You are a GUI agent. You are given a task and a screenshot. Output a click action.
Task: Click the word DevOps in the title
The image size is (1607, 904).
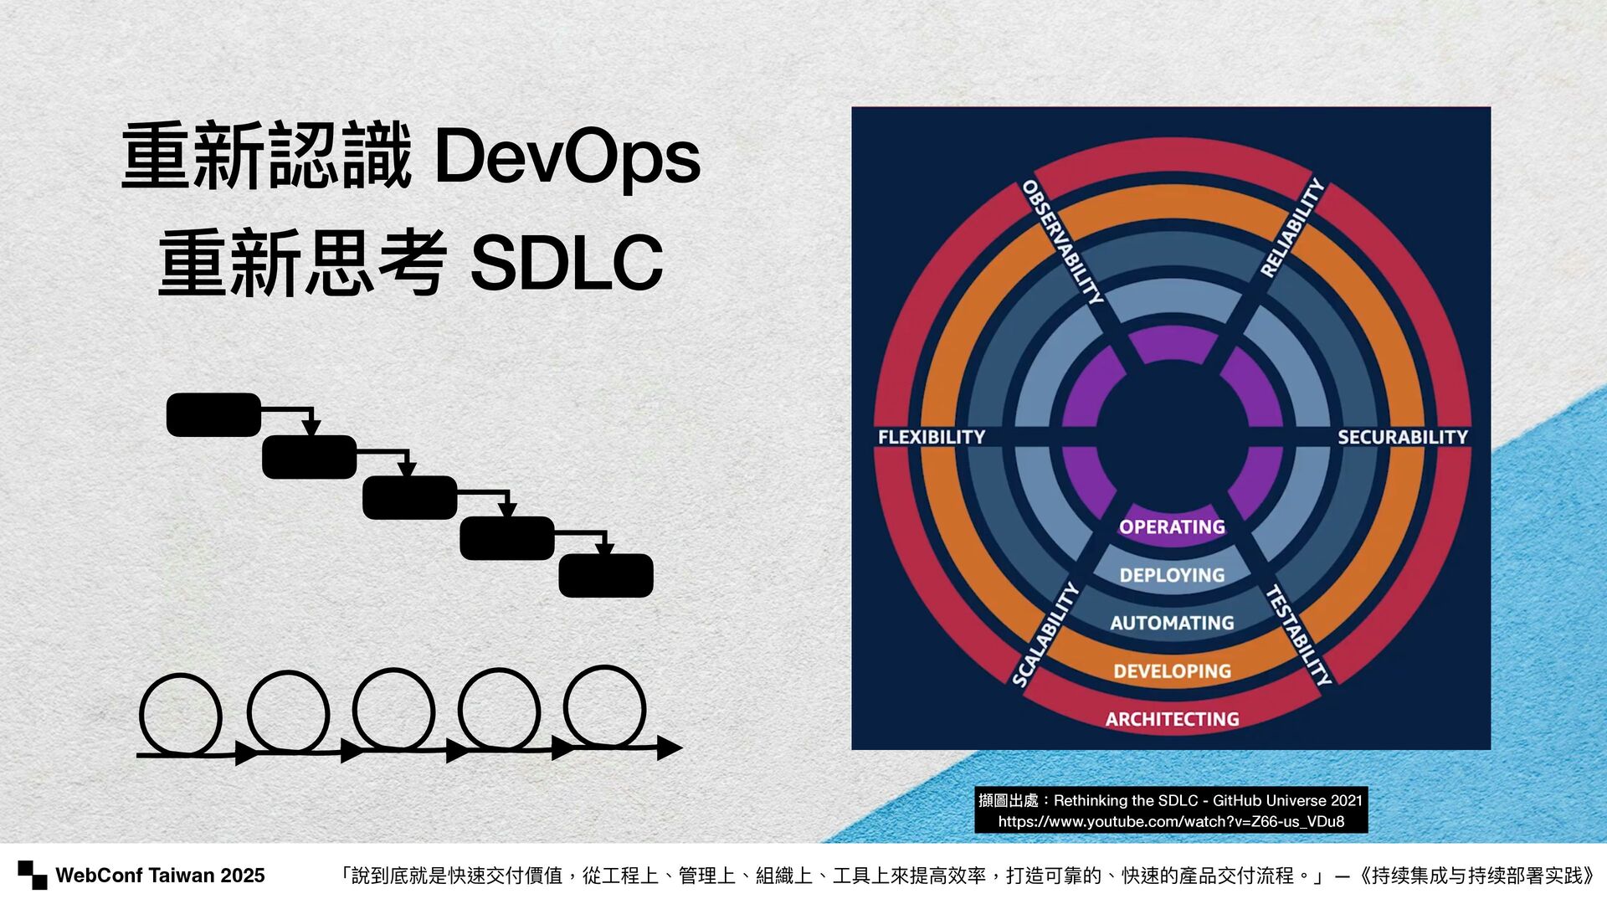(x=567, y=157)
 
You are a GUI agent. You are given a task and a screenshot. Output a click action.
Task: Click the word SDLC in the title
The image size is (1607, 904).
(x=567, y=264)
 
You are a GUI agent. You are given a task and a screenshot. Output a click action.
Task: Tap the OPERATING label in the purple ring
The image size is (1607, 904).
(x=1172, y=527)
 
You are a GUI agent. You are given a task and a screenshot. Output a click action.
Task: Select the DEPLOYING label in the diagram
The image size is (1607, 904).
(x=1172, y=575)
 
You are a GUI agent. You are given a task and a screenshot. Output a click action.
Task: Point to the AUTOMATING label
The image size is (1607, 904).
(x=1172, y=623)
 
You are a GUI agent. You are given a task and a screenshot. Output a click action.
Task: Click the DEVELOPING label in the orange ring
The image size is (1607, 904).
(x=1172, y=671)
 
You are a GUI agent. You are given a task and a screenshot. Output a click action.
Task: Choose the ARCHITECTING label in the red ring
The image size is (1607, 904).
(x=1172, y=719)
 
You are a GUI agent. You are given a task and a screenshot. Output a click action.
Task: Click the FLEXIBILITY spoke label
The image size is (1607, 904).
(x=931, y=437)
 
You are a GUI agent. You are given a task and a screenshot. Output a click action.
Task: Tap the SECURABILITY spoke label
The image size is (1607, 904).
(x=1402, y=437)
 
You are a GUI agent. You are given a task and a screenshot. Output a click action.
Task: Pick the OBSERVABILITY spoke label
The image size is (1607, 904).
(x=1062, y=242)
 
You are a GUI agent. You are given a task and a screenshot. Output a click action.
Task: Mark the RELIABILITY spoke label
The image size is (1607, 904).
(x=1292, y=228)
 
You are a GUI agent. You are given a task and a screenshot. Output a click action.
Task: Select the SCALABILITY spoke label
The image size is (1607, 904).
(x=1045, y=635)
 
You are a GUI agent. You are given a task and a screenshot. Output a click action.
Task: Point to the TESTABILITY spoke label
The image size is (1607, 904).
(x=1298, y=635)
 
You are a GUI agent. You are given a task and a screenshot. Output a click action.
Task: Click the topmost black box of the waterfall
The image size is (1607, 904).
(x=213, y=414)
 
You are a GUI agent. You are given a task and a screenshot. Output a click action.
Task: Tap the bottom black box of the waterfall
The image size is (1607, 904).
(x=605, y=575)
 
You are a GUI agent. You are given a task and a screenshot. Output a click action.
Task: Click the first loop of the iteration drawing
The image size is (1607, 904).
(x=180, y=716)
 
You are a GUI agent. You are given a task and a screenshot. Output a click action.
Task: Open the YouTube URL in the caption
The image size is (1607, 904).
(x=1171, y=821)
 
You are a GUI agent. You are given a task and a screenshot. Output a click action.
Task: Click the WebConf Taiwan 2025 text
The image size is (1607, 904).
(x=160, y=876)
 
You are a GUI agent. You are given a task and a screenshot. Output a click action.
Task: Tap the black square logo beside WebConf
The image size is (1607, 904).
(x=33, y=875)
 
